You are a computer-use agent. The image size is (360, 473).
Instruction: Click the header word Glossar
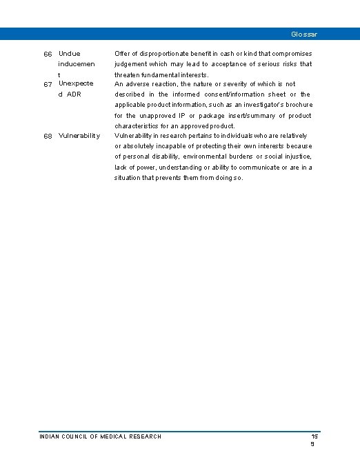(x=304, y=34)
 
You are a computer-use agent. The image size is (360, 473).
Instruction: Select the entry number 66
(x=48, y=54)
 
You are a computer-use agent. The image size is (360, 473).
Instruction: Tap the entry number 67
(x=48, y=83)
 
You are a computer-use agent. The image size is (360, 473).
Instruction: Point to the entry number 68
(x=48, y=136)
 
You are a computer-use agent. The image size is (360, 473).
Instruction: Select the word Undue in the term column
(x=70, y=54)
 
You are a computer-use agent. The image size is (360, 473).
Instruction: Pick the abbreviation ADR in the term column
(x=74, y=94)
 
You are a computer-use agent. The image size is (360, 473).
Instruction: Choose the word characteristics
(x=139, y=126)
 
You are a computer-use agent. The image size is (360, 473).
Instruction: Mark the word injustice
(x=295, y=157)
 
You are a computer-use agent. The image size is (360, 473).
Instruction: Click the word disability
(x=174, y=157)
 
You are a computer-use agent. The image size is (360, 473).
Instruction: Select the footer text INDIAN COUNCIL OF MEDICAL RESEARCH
(x=101, y=436)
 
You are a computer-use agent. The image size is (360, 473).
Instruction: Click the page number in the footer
(x=314, y=440)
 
